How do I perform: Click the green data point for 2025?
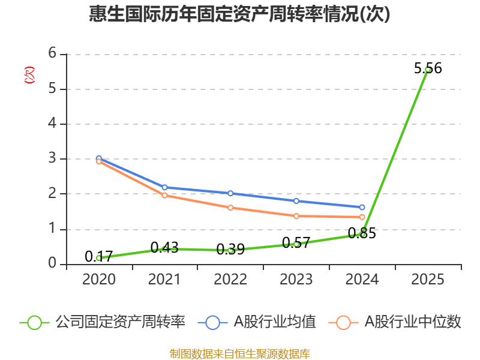point(428,70)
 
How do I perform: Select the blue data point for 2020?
point(99,159)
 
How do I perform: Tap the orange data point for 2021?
point(164,195)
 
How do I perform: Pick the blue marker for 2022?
point(230,193)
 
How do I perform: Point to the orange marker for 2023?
point(296,216)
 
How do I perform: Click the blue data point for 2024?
point(362,208)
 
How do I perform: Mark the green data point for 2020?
point(99,258)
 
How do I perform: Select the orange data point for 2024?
point(362,217)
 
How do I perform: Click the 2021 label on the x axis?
point(164,280)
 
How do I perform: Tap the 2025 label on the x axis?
point(428,280)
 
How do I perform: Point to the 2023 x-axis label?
point(296,280)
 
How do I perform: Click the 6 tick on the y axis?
point(52,53)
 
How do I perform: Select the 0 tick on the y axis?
point(52,263)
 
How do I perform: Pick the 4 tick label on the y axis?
point(52,124)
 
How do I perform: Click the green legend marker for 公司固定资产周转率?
point(34,322)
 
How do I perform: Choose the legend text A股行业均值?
point(275,322)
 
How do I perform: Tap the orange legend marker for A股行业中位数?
point(343,322)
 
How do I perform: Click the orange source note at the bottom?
point(239,353)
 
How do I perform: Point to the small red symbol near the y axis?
point(29,75)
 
